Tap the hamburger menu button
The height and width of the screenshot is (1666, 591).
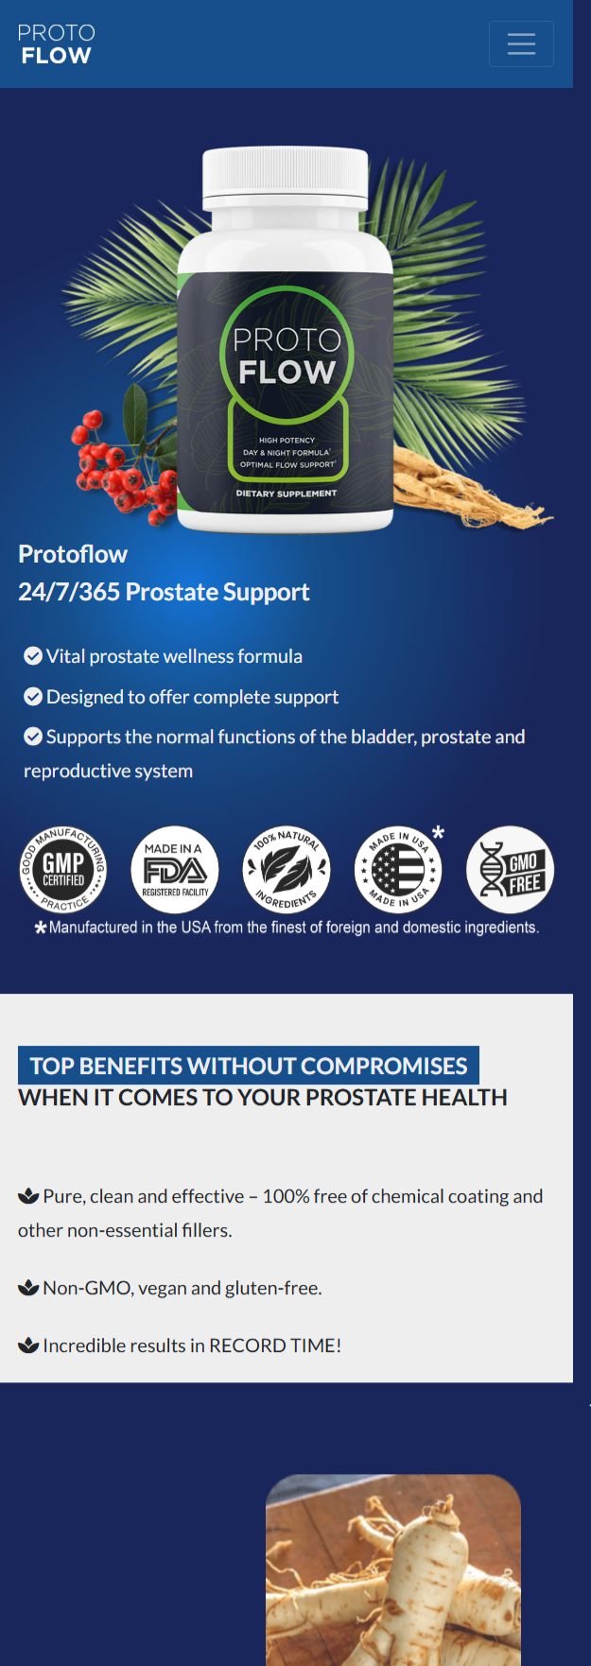pos(521,43)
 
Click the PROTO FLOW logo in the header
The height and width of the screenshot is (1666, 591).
pos(57,44)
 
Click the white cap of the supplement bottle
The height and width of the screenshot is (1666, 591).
pos(285,177)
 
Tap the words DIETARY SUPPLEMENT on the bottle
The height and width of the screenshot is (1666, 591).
pos(286,494)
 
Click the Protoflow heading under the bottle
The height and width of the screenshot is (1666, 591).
pos(73,554)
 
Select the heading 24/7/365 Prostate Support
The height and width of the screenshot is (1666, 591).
pos(164,592)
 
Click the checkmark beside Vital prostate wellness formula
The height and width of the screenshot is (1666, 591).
pos(33,656)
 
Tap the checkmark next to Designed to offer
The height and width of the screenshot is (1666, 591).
pos(33,697)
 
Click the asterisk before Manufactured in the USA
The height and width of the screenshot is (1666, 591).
pos(41,928)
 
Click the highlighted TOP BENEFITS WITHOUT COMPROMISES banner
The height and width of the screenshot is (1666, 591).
pos(249,1066)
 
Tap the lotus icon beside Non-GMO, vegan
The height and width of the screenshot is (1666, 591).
pos(28,1288)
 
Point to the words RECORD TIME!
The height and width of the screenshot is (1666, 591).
pos(275,1345)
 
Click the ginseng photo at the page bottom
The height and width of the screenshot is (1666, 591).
pos(393,1570)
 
